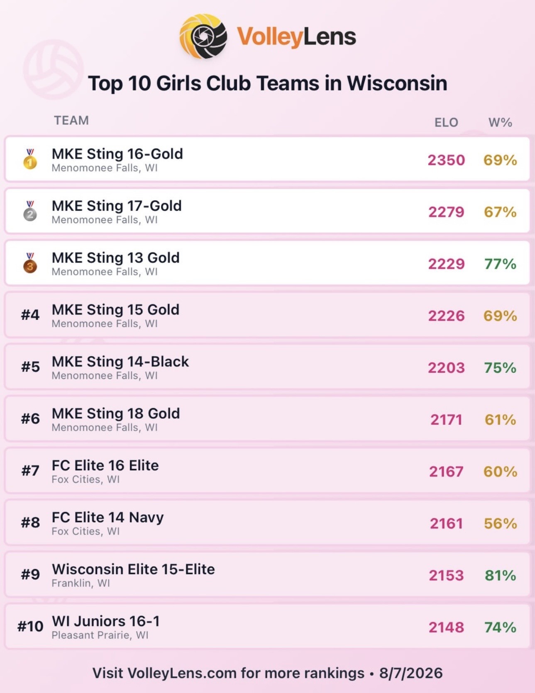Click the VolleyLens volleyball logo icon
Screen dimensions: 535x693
tap(203, 36)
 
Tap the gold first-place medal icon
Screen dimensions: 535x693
tap(30, 159)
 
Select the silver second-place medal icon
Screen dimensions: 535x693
tap(30, 211)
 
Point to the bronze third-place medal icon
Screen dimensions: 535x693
tap(30, 263)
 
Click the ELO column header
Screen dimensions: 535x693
tap(446, 122)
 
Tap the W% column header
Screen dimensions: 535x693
tap(500, 122)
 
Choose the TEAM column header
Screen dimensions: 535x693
tap(71, 120)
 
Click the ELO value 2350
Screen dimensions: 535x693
tap(446, 160)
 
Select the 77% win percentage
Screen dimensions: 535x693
tap(500, 264)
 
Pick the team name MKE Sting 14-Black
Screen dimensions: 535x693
tap(120, 362)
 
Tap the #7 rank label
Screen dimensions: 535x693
tap(30, 471)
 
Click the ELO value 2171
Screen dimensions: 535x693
tap(446, 420)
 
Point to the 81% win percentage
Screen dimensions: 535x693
tap(500, 575)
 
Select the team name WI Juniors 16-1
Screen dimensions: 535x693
tap(106, 621)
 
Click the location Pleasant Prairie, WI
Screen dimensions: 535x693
tap(100, 635)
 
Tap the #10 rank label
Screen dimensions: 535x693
tap(30, 626)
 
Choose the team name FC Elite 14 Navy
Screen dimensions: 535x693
tap(108, 518)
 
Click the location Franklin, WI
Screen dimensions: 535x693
tap(81, 584)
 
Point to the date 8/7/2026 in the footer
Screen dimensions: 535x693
tap(411, 673)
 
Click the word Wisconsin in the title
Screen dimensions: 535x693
tap(397, 83)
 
